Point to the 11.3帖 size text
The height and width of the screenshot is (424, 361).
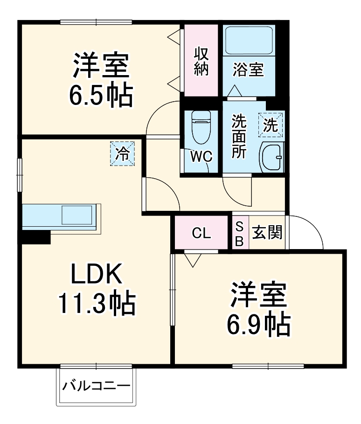click(x=97, y=304)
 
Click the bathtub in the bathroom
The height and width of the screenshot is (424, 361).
click(x=249, y=41)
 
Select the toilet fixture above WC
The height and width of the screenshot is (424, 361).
click(x=201, y=127)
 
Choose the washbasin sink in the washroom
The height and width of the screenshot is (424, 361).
click(x=271, y=157)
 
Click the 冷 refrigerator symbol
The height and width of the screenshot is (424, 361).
click(x=122, y=153)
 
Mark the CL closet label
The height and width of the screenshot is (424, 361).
click(x=202, y=233)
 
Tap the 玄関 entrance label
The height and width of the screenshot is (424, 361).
click(x=268, y=232)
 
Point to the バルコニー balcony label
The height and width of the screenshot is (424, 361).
click(x=97, y=386)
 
